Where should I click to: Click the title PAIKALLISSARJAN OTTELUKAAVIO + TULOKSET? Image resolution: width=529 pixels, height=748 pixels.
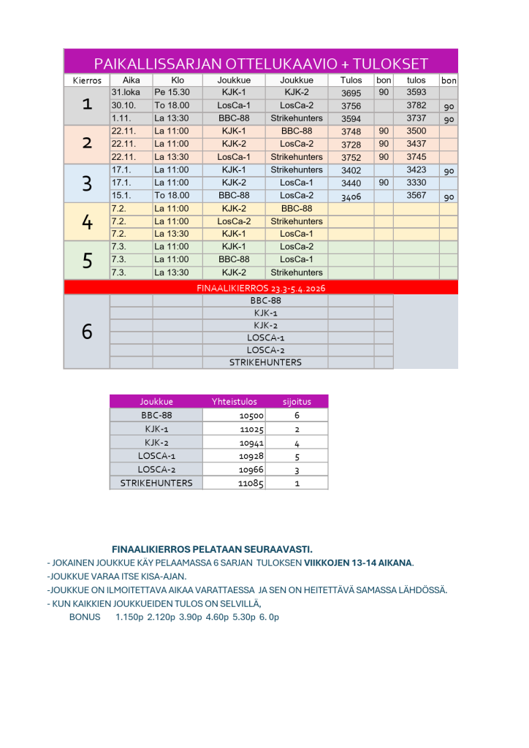coord(261,63)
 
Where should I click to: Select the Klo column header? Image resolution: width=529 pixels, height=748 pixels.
coord(177,80)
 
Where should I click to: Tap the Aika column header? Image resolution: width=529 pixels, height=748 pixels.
coord(132,80)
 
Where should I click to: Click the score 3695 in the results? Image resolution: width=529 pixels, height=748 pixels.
coord(351,93)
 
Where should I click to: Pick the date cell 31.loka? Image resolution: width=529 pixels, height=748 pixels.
coord(126,93)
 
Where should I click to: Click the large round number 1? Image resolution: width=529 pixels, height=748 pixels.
coord(87,105)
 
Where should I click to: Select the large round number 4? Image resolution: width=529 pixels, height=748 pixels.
coord(87,221)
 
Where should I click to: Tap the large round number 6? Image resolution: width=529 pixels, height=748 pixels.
coord(87,332)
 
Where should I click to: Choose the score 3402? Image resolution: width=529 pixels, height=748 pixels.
coord(351,171)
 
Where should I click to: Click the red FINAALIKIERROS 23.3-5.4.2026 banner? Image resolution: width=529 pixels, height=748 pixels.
coord(261,288)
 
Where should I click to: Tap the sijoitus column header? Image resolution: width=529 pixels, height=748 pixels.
coord(297,401)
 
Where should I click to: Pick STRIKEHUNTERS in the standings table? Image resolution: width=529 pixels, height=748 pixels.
coord(156,483)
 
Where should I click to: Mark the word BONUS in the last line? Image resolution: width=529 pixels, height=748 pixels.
coord(85,617)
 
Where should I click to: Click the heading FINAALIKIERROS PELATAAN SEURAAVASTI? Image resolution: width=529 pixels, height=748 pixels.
coord(212,549)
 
